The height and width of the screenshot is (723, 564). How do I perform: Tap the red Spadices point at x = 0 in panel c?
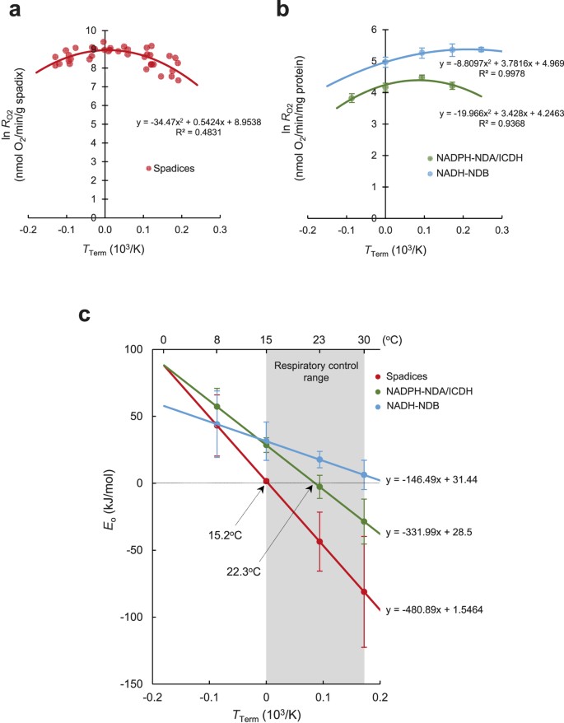coord(266,482)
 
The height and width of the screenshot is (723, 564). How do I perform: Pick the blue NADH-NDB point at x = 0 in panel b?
coord(385,62)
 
